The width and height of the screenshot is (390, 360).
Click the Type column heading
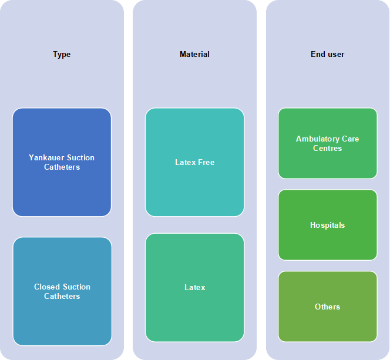[62, 55]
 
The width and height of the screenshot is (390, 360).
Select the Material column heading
[194, 54]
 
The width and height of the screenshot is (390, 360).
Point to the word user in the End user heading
[337, 55]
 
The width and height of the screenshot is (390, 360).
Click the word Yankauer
[46, 157]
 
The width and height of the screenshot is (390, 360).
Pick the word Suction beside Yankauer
[80, 157]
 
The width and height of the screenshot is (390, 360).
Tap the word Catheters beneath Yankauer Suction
[62, 167]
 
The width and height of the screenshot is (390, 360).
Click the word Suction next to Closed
[76, 287]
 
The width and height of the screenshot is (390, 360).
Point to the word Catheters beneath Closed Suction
[62, 297]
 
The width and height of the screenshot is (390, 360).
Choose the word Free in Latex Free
[206, 162]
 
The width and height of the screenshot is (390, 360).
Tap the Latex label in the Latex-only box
[195, 288]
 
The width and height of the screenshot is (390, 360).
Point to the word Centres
[327, 149]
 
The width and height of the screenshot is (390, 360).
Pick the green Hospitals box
[328, 225]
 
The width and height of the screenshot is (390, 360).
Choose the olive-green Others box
[328, 307]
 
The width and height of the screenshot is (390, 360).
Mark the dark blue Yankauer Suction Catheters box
[62, 162]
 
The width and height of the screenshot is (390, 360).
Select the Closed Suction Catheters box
[62, 291]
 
